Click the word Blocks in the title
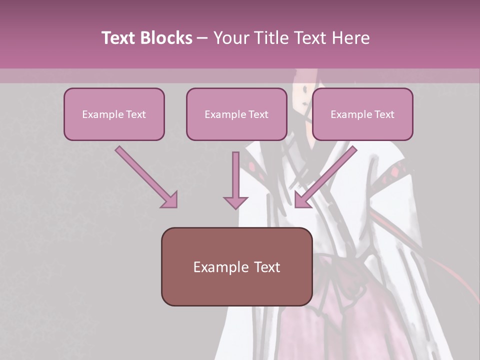tap(166, 38)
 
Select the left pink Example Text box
tap(114, 114)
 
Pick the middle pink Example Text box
tap(236, 114)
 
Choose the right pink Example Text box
tap(362, 114)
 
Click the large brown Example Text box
tap(236, 266)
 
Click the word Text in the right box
tap(384, 114)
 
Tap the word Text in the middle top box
tap(258, 114)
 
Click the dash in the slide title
tap(202, 38)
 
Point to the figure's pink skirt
tap(300, 330)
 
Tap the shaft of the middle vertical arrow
tap(235, 172)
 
